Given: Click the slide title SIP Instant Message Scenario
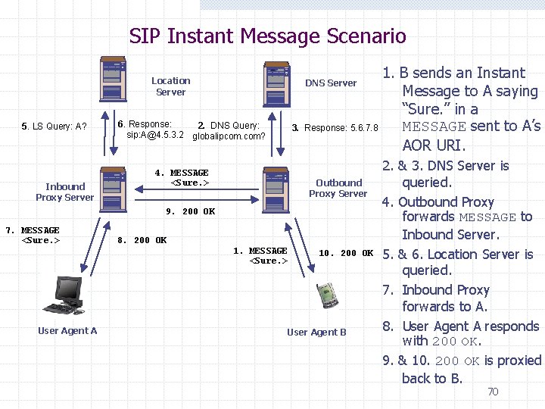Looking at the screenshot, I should (x=267, y=36).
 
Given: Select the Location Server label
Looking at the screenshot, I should (x=170, y=86).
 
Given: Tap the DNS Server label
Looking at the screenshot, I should (x=331, y=83).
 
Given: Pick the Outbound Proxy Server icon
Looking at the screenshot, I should (x=276, y=186).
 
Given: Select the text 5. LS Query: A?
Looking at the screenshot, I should (x=54, y=126).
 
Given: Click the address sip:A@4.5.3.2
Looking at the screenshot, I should (x=155, y=135).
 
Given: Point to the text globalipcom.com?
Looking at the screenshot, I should (x=229, y=136).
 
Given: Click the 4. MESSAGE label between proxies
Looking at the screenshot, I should (x=182, y=178).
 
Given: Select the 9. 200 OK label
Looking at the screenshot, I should (x=190, y=211).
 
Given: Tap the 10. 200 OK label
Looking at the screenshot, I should (x=346, y=253).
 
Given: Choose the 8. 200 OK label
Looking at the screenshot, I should (x=142, y=240).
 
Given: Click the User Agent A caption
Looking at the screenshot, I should (x=67, y=330).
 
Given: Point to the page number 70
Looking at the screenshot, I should (x=492, y=392).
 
